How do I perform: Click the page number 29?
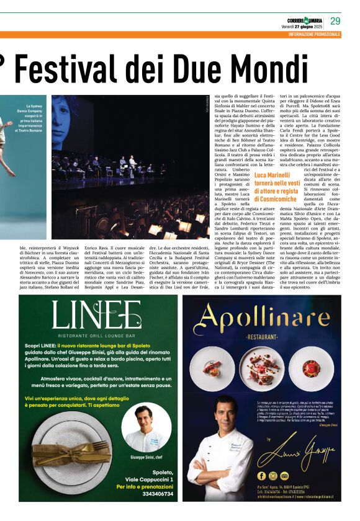[x=335, y=21]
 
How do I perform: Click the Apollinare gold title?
[x=269, y=320]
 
